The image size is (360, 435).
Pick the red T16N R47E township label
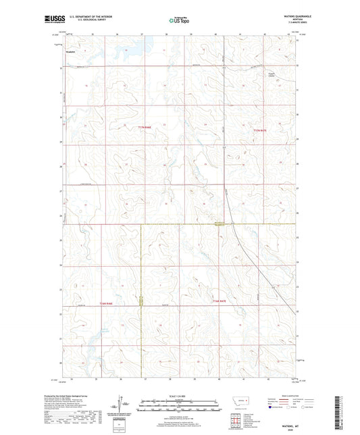[x=221, y=301]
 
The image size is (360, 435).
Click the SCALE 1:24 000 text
[x=179, y=399]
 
